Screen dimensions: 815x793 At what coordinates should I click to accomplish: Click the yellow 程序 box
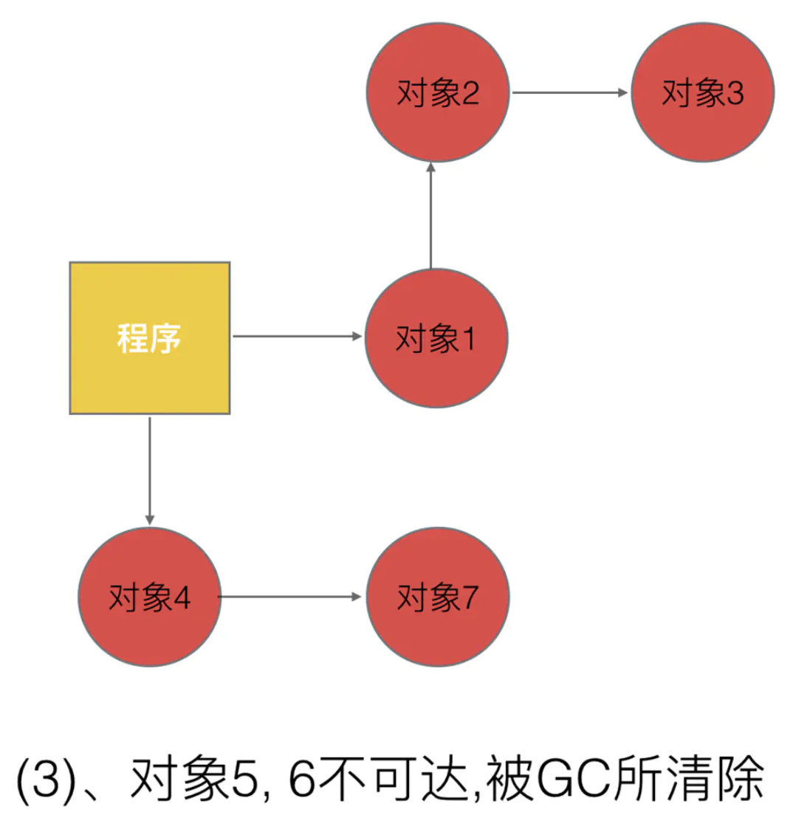(x=150, y=337)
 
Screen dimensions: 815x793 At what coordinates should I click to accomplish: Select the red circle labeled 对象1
(x=436, y=337)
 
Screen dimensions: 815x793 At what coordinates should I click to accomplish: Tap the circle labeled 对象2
(x=438, y=93)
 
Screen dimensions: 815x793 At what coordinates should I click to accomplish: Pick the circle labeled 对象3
(x=702, y=93)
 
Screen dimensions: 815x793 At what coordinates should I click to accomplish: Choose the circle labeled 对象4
(x=150, y=596)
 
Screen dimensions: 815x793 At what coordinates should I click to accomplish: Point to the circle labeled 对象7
(x=438, y=596)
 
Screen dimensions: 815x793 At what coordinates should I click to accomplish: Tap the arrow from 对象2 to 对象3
(x=569, y=93)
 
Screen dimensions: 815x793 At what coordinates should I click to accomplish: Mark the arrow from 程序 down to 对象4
(x=150, y=469)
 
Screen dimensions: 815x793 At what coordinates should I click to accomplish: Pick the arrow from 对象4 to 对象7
(x=292, y=596)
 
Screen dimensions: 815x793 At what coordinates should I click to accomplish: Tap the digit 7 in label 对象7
(x=468, y=596)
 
